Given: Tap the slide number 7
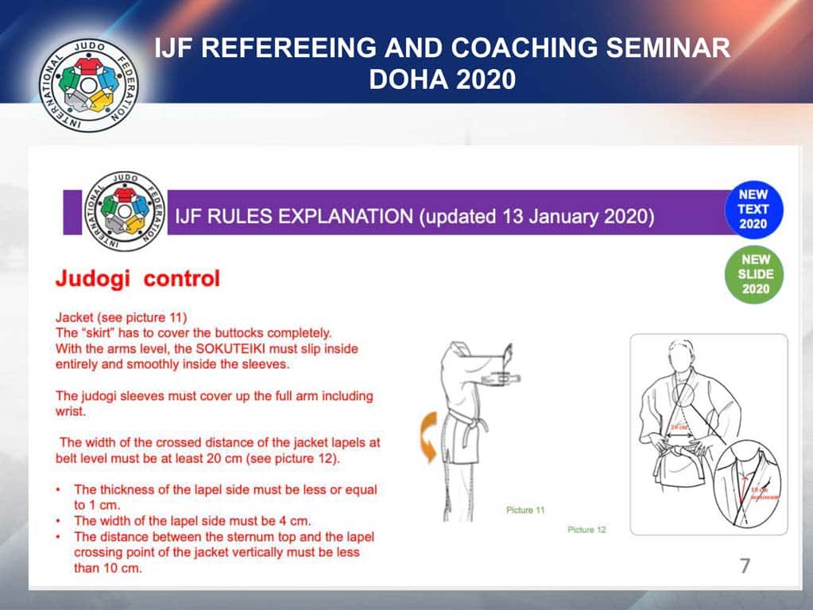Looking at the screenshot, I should click(745, 566).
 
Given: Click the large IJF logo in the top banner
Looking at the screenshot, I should click(89, 83).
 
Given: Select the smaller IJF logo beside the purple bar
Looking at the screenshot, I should click(123, 211).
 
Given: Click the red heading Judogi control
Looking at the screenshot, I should click(137, 279).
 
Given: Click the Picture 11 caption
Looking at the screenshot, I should click(525, 510).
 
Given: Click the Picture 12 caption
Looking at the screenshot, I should click(587, 529).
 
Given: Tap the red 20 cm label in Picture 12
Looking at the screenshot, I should click(679, 427).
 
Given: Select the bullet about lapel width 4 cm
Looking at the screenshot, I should click(191, 521).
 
